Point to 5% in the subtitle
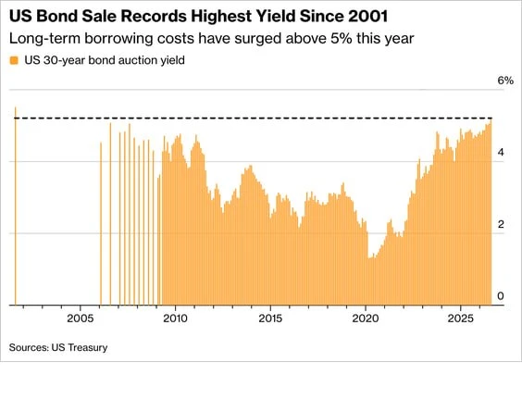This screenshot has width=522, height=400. pyautogui.click(x=342, y=38)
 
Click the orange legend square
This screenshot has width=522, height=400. pyautogui.click(x=14, y=60)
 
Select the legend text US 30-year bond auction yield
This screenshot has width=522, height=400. pyautogui.click(x=105, y=60)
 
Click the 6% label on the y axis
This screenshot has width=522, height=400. pyautogui.click(x=505, y=81)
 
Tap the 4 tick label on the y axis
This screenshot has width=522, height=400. pyautogui.click(x=501, y=152)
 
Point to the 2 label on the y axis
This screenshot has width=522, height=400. pyautogui.click(x=501, y=224)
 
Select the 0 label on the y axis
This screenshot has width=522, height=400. pyautogui.click(x=501, y=295)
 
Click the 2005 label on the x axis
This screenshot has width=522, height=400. pyautogui.click(x=81, y=319)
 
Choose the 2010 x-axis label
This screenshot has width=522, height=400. pyautogui.click(x=176, y=319)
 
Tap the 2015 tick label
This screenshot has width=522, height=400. pyautogui.click(x=270, y=319)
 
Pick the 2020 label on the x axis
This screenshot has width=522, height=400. pyautogui.click(x=366, y=319)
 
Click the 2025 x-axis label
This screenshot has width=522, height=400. pyautogui.click(x=461, y=319)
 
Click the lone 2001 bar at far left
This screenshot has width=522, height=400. pyautogui.click(x=16, y=206)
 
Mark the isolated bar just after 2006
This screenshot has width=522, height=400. pyautogui.click(x=101, y=223)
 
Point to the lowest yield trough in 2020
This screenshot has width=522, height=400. pyautogui.click(x=369, y=257)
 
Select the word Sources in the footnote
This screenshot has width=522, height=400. pyautogui.click(x=29, y=347)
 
